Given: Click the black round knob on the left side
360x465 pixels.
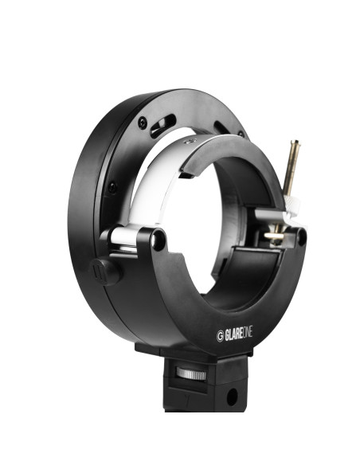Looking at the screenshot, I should (x=105, y=270).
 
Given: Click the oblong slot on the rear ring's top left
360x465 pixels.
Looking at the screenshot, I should (x=160, y=126).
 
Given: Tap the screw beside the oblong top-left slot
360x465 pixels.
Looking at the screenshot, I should (x=143, y=122).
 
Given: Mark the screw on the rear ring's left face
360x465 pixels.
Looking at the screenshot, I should (x=111, y=188).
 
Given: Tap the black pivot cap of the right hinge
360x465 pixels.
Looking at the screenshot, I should (x=299, y=236).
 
